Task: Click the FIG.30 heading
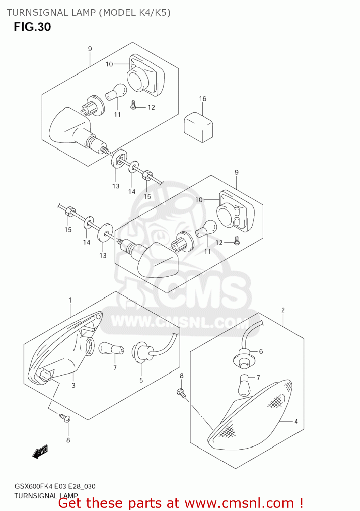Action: (x=32, y=27)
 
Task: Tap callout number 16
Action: (x=203, y=99)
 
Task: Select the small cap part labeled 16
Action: (x=199, y=127)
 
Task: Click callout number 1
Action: (x=70, y=300)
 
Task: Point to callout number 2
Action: (x=283, y=310)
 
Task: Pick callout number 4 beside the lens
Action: (x=296, y=421)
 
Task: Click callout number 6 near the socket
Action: (x=261, y=351)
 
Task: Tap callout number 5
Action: (x=141, y=380)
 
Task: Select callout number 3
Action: (x=73, y=385)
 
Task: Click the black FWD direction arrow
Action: (x=40, y=452)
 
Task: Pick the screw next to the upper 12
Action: (x=134, y=105)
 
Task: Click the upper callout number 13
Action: (x=116, y=186)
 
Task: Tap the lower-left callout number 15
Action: (x=68, y=230)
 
